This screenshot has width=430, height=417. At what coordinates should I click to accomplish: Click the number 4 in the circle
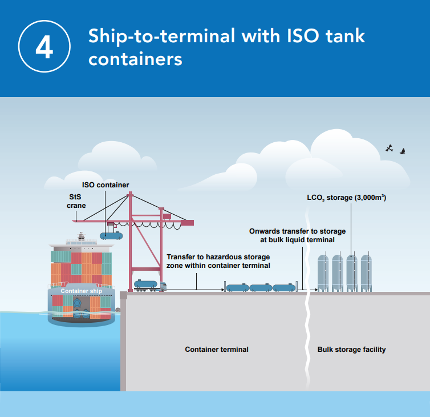click(44, 48)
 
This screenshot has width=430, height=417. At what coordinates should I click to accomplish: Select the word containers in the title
click(135, 59)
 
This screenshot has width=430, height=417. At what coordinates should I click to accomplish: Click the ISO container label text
click(106, 185)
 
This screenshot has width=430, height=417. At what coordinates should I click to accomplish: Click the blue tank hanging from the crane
click(112, 234)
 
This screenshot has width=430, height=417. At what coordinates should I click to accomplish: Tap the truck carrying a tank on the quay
click(149, 285)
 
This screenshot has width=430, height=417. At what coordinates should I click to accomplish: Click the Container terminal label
click(217, 349)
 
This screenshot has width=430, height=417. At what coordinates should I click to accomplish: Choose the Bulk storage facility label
click(351, 349)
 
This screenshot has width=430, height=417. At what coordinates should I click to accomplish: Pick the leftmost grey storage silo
click(323, 272)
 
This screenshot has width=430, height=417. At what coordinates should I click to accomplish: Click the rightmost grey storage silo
click(366, 272)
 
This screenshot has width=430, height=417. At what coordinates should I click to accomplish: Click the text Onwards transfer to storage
click(297, 231)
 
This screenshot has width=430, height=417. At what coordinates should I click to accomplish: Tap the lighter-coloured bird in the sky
click(390, 147)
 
